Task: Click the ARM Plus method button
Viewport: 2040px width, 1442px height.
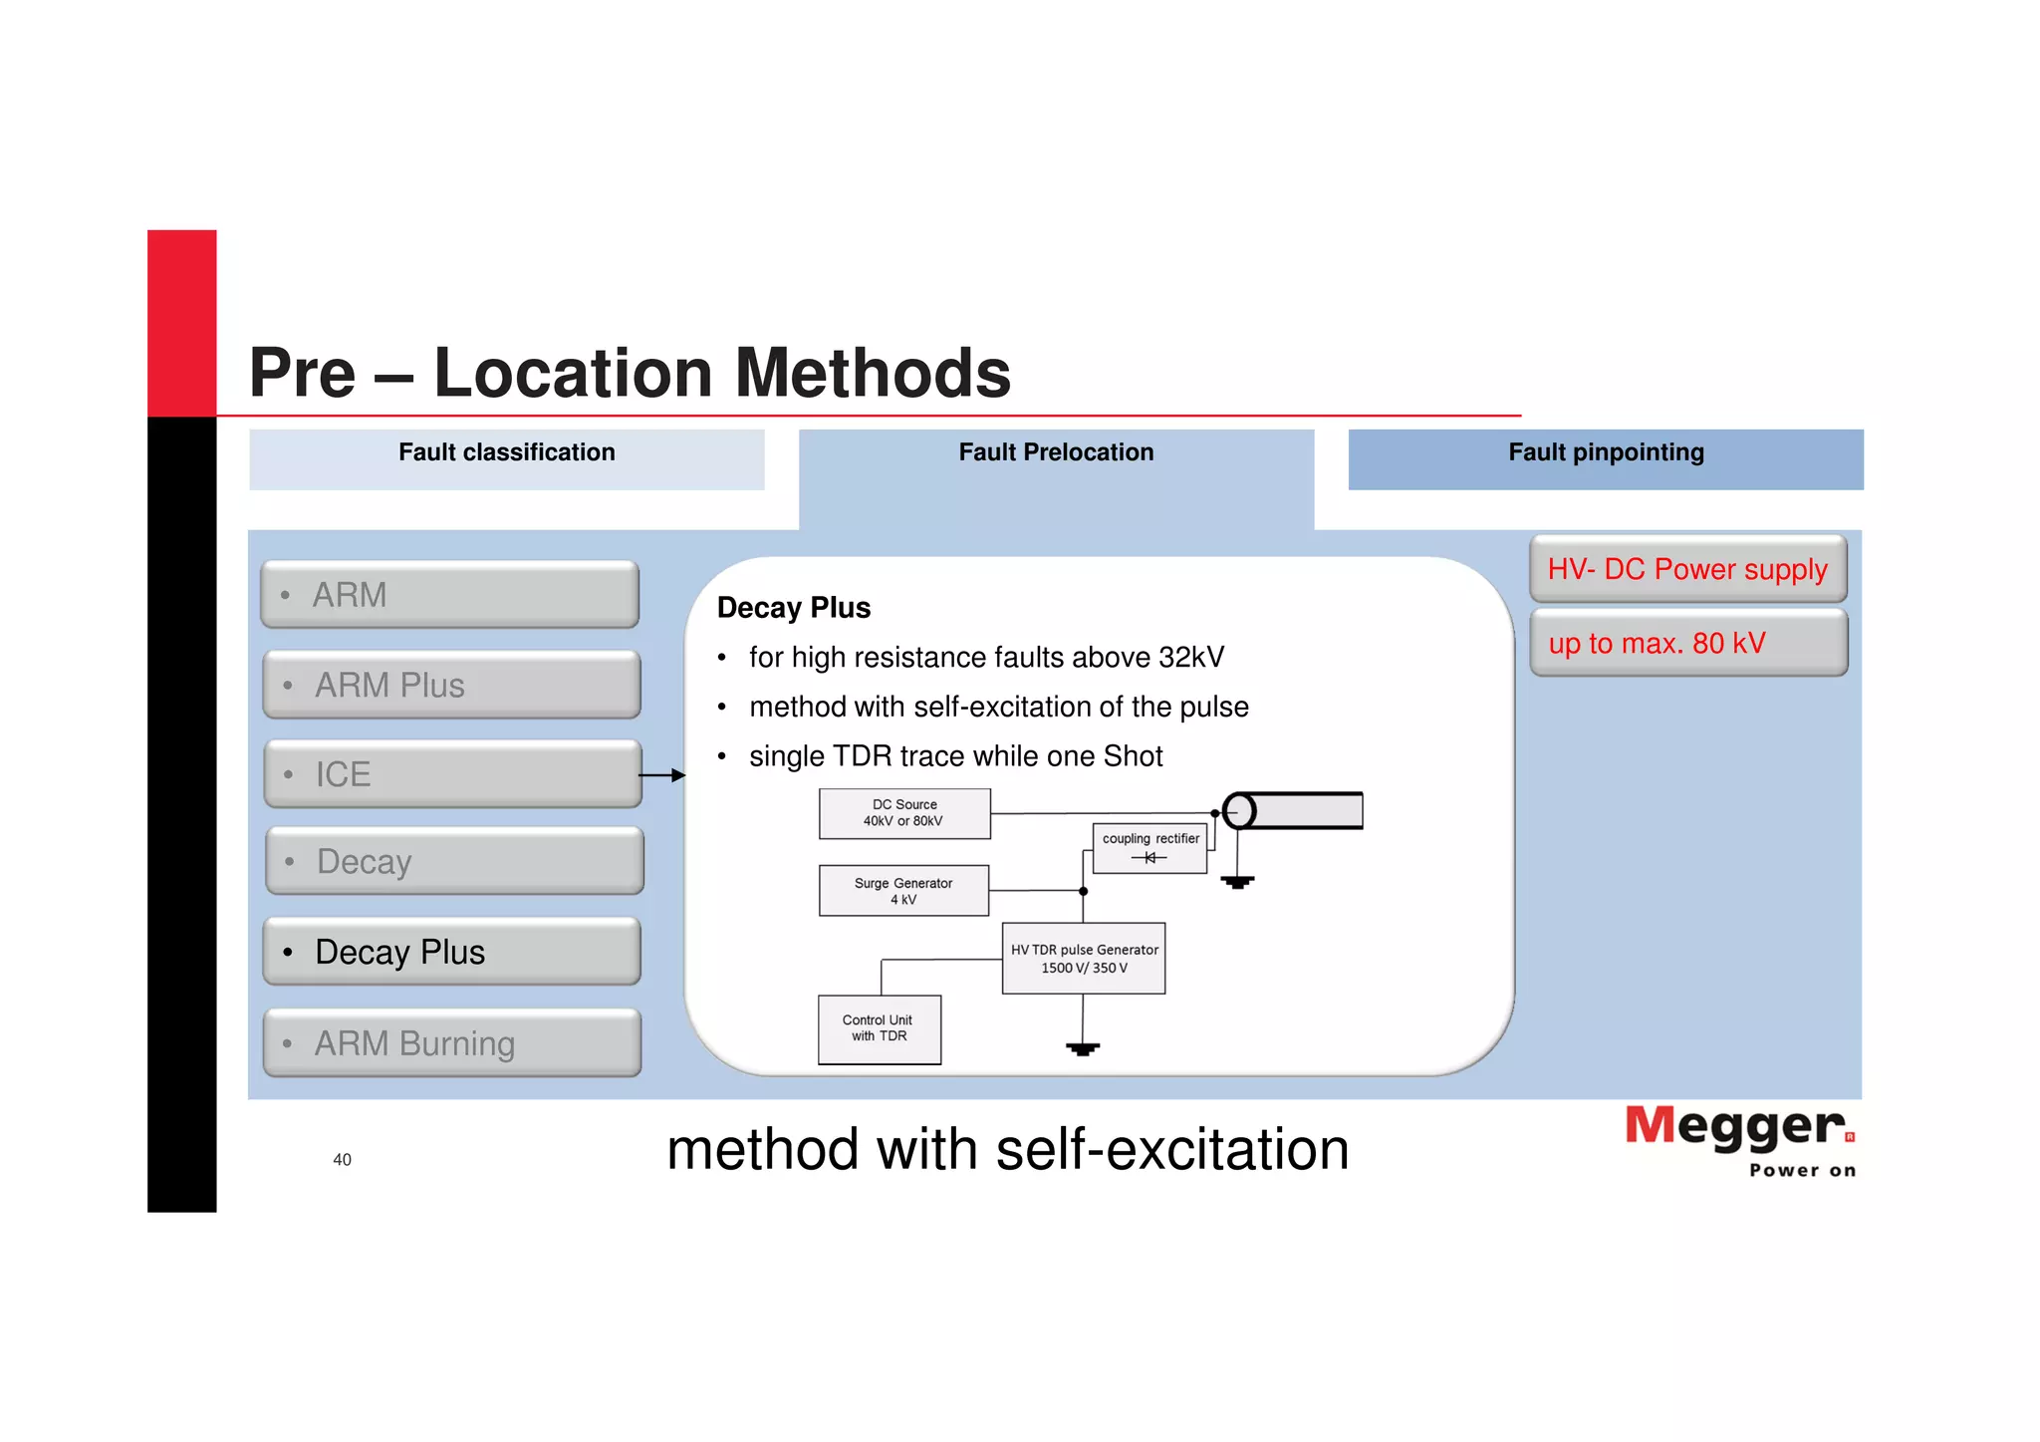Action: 451,685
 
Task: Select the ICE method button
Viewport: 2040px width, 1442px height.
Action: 452,774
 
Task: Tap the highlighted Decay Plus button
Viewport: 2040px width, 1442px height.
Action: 451,952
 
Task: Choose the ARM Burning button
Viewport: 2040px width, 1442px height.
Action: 451,1042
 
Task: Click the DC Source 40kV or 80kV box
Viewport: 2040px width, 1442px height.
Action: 903,813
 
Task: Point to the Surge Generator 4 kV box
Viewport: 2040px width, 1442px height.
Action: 902,890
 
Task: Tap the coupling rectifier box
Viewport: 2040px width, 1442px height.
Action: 1149,848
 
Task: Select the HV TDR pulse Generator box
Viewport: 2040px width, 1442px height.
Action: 1083,958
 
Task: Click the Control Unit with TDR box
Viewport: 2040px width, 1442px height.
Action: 879,1028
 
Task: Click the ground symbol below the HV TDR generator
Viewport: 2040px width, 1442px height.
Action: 1083,1047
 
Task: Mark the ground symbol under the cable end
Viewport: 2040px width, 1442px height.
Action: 1237,881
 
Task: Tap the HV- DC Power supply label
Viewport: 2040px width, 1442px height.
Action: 1687,569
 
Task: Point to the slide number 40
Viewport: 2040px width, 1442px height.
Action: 342,1159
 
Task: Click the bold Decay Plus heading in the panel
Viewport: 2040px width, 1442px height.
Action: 793,607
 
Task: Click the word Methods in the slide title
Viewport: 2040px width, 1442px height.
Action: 873,373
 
